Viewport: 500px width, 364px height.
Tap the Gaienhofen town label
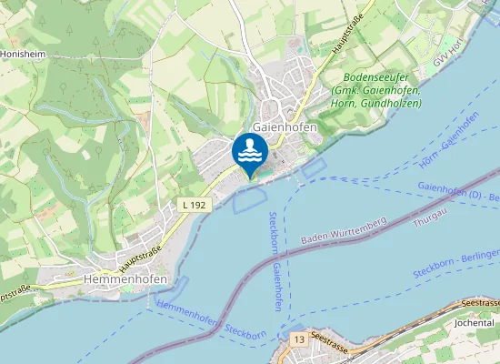click(285, 127)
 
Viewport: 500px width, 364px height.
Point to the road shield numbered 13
click(298, 339)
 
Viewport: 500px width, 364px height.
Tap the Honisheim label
click(23, 55)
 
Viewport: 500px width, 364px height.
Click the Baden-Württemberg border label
click(344, 230)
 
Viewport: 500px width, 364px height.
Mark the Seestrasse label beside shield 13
click(329, 337)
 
